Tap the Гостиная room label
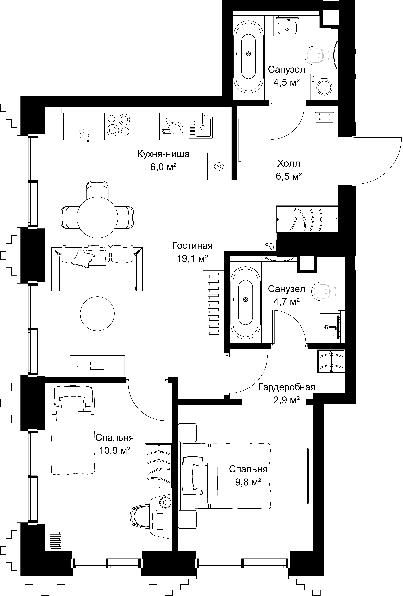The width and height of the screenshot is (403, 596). (x=192, y=246)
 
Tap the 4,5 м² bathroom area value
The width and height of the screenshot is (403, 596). (x=286, y=83)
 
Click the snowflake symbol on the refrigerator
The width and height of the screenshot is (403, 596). (x=219, y=166)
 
